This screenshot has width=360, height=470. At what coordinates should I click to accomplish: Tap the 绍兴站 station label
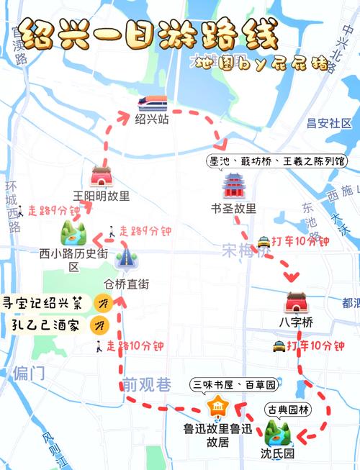[152, 119]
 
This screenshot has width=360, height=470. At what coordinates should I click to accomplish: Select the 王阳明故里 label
[102, 195]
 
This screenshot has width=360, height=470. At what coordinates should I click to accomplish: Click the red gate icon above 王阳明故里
[101, 176]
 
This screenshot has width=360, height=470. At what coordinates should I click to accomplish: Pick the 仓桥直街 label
[127, 284]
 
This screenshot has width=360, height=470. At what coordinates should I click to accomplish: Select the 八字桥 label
[297, 322]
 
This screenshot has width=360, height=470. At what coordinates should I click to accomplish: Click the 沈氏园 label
[277, 454]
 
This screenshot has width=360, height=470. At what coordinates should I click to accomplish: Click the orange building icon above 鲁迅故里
[216, 409]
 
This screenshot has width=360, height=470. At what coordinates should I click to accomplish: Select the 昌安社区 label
[329, 123]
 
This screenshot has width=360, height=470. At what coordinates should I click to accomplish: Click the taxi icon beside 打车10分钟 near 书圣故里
[264, 242]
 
